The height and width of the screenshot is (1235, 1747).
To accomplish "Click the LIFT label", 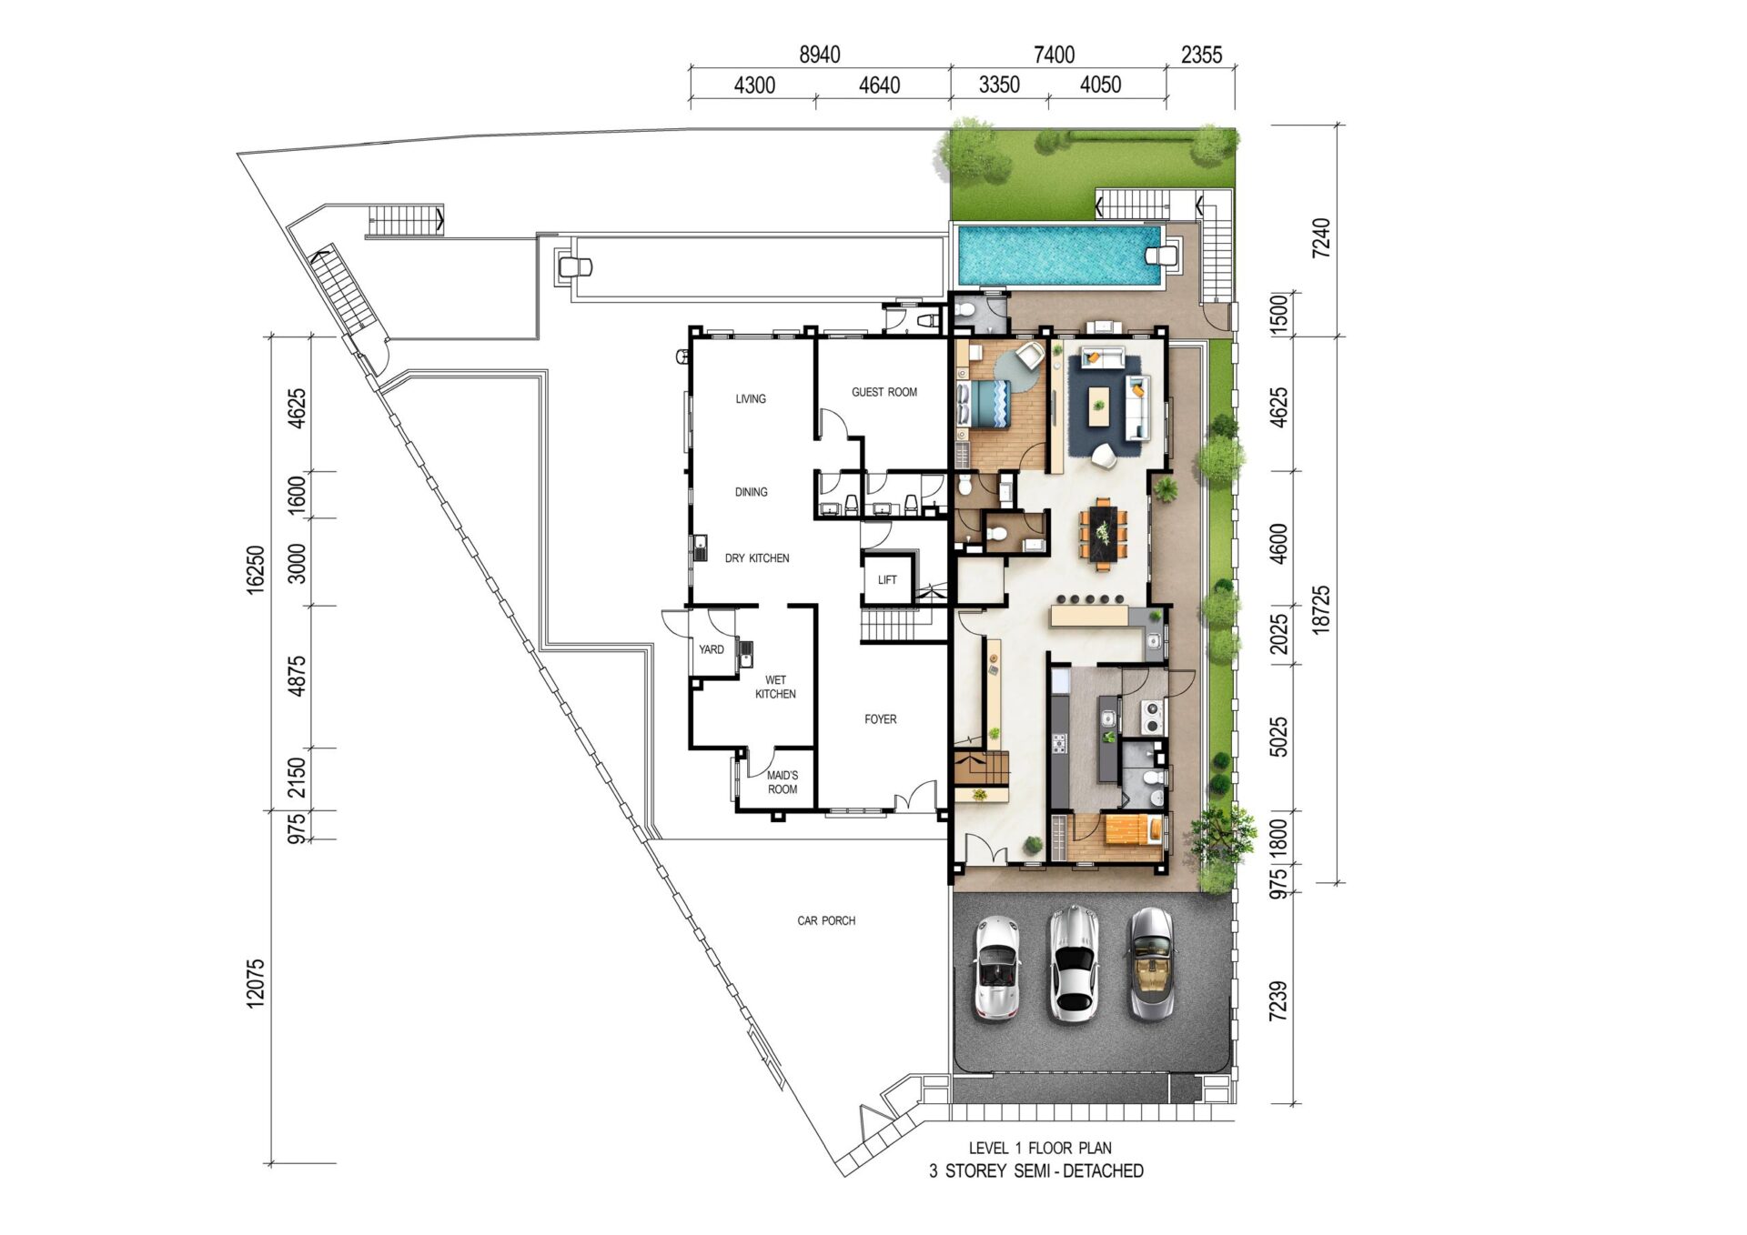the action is [x=887, y=580].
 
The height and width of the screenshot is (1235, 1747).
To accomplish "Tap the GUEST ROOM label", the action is [x=884, y=392].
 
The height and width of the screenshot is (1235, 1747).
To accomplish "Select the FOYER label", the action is [x=881, y=719].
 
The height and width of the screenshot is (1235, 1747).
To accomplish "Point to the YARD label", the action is [x=712, y=649].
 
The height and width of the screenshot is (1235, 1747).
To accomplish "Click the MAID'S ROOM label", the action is [x=783, y=782].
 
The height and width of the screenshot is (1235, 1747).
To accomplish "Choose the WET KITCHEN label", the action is [x=775, y=687].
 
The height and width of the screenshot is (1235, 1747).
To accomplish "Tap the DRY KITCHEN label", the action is [x=757, y=558].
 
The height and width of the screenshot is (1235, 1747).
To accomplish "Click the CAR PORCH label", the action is [x=826, y=921].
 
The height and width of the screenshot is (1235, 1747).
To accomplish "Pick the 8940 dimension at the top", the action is [x=820, y=55].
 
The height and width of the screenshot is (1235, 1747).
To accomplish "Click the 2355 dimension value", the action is [x=1201, y=55].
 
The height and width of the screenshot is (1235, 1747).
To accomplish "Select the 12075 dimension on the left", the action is [x=256, y=982].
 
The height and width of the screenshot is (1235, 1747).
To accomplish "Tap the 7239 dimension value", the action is [x=1278, y=1000].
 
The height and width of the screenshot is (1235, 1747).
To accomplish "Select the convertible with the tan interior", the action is [x=1151, y=963].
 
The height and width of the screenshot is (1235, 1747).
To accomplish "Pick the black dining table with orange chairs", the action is [x=1104, y=534].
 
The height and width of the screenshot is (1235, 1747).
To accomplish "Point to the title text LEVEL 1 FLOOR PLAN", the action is [x=1040, y=1148].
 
